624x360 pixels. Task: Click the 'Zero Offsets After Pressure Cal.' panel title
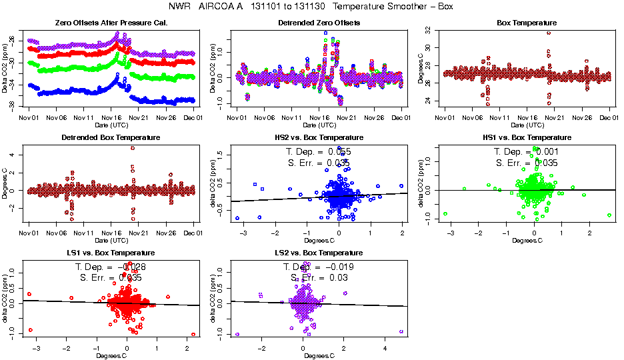click(111, 23)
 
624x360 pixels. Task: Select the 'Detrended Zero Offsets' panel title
click(319, 23)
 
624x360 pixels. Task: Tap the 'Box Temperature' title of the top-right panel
click(527, 23)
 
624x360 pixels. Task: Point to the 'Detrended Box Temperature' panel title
click(111, 138)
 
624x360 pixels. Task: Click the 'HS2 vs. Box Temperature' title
click(319, 138)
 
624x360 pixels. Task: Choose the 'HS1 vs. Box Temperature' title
click(527, 138)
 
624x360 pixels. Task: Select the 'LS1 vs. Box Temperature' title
click(111, 253)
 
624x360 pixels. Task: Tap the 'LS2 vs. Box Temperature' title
click(319, 253)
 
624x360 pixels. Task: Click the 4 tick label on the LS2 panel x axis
click(385, 348)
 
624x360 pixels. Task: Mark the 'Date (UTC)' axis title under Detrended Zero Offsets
click(319, 125)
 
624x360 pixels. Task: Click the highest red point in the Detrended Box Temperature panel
click(133, 148)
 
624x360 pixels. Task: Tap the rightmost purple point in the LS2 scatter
click(401, 331)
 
